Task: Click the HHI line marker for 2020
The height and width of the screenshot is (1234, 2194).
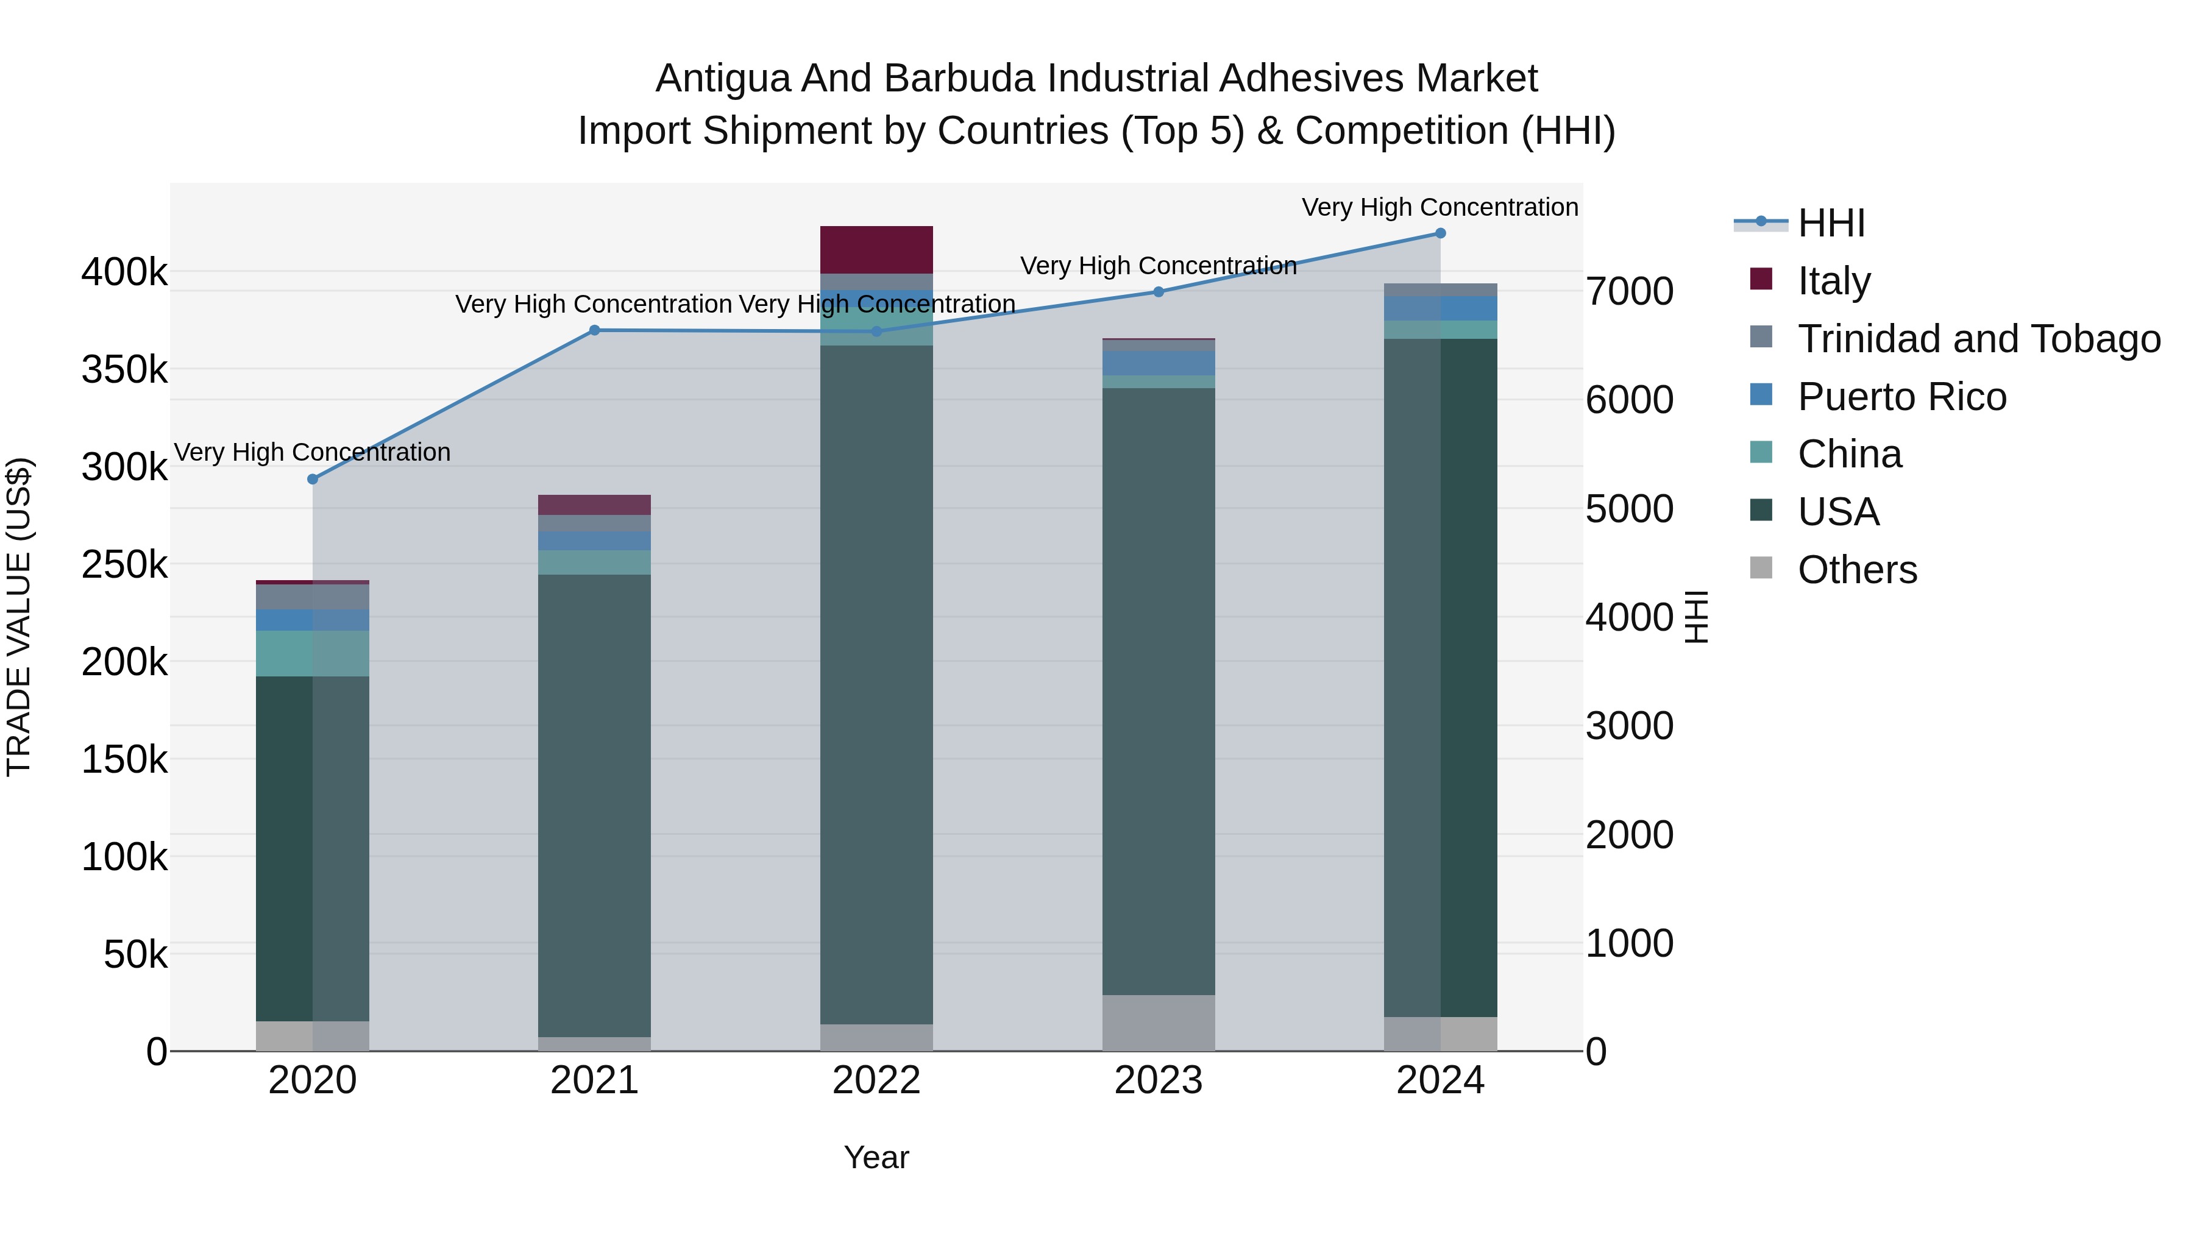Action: [313, 480]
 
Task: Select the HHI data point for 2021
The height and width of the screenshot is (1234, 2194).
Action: [594, 330]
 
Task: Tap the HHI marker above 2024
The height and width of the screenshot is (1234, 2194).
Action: [1440, 233]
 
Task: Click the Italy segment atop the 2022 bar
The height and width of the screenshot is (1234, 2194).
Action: [876, 249]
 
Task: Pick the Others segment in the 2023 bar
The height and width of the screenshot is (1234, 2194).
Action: [1159, 1023]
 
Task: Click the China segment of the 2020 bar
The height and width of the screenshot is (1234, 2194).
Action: [313, 653]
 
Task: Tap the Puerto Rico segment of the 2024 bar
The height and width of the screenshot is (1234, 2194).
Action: [1440, 308]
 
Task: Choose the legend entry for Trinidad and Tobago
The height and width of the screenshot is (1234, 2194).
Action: [1978, 339]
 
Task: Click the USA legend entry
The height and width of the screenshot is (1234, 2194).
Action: [1838, 512]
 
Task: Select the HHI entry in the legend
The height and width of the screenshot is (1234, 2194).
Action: [1831, 223]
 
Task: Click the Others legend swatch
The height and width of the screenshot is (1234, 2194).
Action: [1761, 568]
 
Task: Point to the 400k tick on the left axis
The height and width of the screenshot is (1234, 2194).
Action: [124, 274]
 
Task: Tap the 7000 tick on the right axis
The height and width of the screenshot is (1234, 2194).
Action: [1629, 291]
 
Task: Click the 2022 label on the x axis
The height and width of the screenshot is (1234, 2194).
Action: [876, 1080]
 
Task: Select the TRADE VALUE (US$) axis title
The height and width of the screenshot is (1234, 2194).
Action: [19, 617]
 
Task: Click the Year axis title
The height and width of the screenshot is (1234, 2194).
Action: [876, 1157]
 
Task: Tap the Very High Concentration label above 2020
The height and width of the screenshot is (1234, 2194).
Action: [313, 452]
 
